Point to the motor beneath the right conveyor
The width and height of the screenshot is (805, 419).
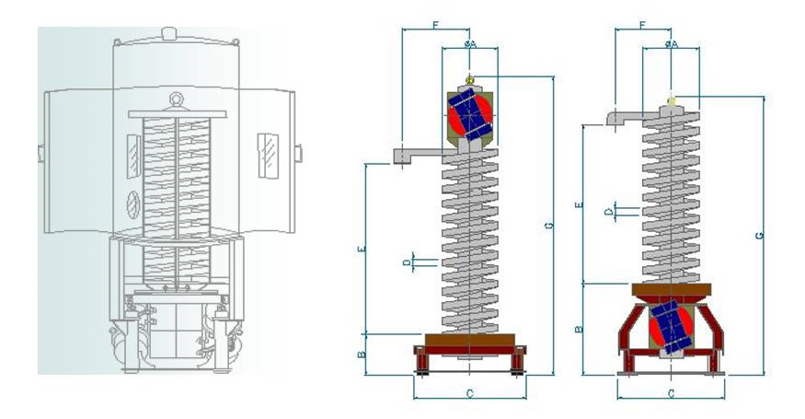(672, 328)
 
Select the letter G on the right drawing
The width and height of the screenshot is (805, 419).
(759, 236)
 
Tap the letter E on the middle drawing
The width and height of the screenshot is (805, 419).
(362, 249)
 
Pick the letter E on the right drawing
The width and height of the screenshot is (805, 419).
(577, 205)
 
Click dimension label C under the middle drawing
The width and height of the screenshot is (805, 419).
(469, 393)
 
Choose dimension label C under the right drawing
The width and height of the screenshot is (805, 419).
(671, 393)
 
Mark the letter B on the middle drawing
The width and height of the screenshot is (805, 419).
(362, 353)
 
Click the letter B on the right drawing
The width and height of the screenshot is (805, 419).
(577, 329)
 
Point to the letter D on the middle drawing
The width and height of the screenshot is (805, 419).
(406, 263)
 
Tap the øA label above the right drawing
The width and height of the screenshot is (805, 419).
(672, 43)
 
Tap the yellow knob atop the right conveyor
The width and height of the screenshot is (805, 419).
(673, 99)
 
